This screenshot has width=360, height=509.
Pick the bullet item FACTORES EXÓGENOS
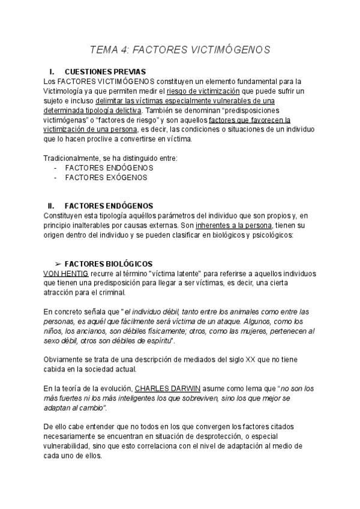(106, 178)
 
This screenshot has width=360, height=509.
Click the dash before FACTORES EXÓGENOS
(56, 178)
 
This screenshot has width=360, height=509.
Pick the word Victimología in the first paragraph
(67, 91)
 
